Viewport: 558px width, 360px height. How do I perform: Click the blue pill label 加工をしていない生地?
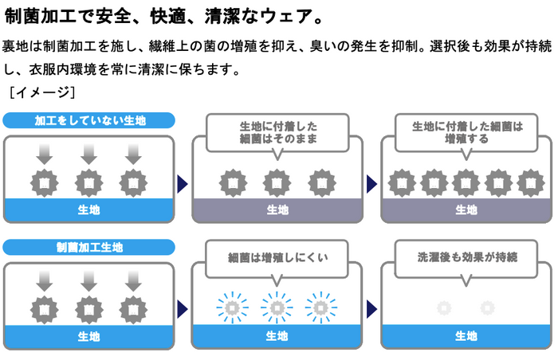pyautogui.click(x=88, y=120)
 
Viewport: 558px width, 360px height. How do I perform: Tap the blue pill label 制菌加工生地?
pyautogui.click(x=88, y=247)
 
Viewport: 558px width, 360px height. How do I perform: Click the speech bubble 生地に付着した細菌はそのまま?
pyautogui.click(x=277, y=133)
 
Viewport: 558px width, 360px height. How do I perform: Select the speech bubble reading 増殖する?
pyautogui.click(x=466, y=133)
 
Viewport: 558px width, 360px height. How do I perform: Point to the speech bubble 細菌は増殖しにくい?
pyautogui.click(x=277, y=259)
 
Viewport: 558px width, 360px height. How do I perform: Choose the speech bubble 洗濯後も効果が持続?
pyautogui.click(x=466, y=259)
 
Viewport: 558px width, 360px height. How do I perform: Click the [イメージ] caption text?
pyautogui.click(x=42, y=92)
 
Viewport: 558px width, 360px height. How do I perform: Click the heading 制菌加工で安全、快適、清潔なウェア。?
pyautogui.click(x=163, y=16)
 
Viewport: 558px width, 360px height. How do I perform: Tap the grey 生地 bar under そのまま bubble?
pyautogui.click(x=277, y=210)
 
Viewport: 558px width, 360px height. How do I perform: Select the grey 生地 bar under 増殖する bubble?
pyautogui.click(x=466, y=210)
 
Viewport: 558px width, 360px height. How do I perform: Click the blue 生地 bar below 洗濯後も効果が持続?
pyautogui.click(x=466, y=336)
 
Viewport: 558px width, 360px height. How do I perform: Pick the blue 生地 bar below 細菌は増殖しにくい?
pyautogui.click(x=277, y=336)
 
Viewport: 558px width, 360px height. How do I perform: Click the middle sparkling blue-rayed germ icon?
pyautogui.click(x=277, y=307)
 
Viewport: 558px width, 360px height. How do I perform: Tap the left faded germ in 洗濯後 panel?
pyautogui.click(x=444, y=307)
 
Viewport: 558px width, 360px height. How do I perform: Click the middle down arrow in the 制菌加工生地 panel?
pyautogui.click(x=88, y=281)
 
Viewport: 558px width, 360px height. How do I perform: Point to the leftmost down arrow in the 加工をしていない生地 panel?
pyautogui.click(x=44, y=155)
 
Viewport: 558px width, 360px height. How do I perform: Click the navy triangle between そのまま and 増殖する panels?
pyautogui.click(x=371, y=184)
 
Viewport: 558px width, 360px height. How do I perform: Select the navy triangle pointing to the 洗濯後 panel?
pyautogui.click(x=371, y=309)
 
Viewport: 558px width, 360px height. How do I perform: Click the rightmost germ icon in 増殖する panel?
pyautogui.click(x=531, y=183)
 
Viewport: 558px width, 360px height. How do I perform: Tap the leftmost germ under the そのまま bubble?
pyautogui.click(x=233, y=183)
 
